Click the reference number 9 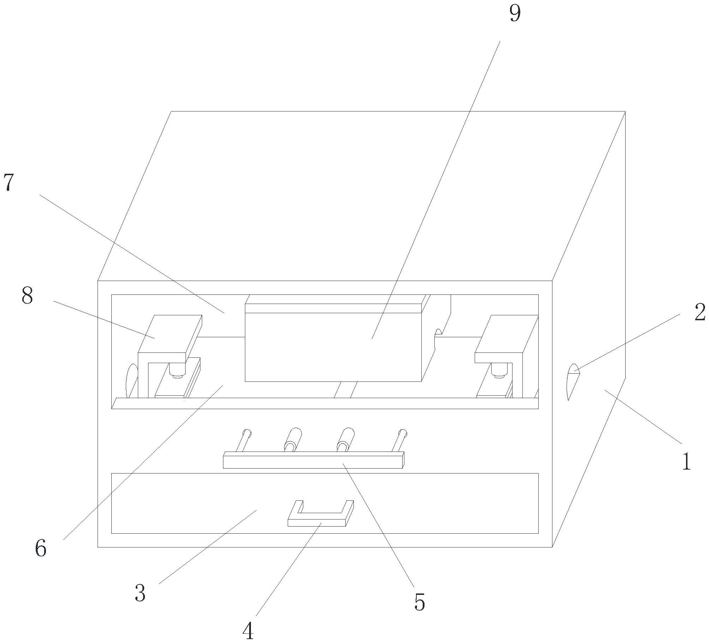point(515,14)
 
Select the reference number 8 point(27,296)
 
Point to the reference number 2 point(700,312)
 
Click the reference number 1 point(686,461)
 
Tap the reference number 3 point(140,593)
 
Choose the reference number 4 point(248,631)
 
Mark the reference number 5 point(420,602)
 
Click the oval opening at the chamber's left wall point(131,381)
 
